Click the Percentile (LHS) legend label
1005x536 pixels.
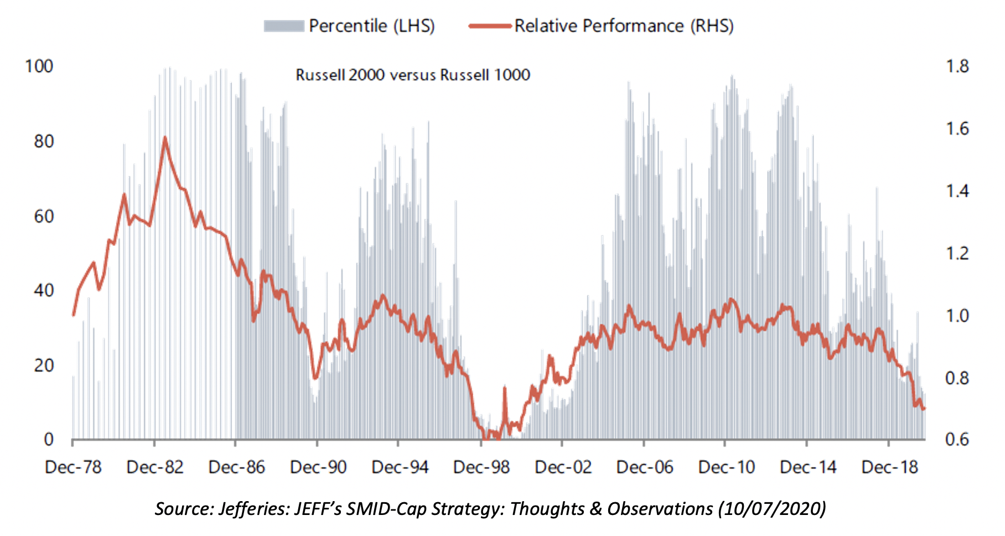(x=371, y=26)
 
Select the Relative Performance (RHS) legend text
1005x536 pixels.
(x=624, y=26)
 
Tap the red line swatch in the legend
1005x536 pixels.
(x=489, y=25)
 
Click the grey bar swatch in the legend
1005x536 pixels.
(x=284, y=26)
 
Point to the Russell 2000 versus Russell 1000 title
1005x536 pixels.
(x=413, y=75)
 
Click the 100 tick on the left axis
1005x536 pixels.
(x=39, y=66)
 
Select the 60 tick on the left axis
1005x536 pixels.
(x=44, y=217)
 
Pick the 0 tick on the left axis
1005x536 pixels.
(x=49, y=440)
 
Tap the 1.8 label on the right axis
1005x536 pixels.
(x=957, y=66)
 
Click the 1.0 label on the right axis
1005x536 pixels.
(x=957, y=316)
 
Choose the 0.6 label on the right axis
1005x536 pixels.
(x=957, y=440)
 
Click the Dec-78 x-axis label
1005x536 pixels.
(x=73, y=467)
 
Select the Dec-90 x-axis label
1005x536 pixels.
(x=318, y=467)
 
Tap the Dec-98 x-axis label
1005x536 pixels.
(x=481, y=467)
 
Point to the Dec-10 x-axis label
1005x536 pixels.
(x=726, y=467)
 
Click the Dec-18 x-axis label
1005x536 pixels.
(x=889, y=467)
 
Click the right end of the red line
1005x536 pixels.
(x=924, y=409)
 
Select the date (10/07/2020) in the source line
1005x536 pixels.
(x=771, y=508)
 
